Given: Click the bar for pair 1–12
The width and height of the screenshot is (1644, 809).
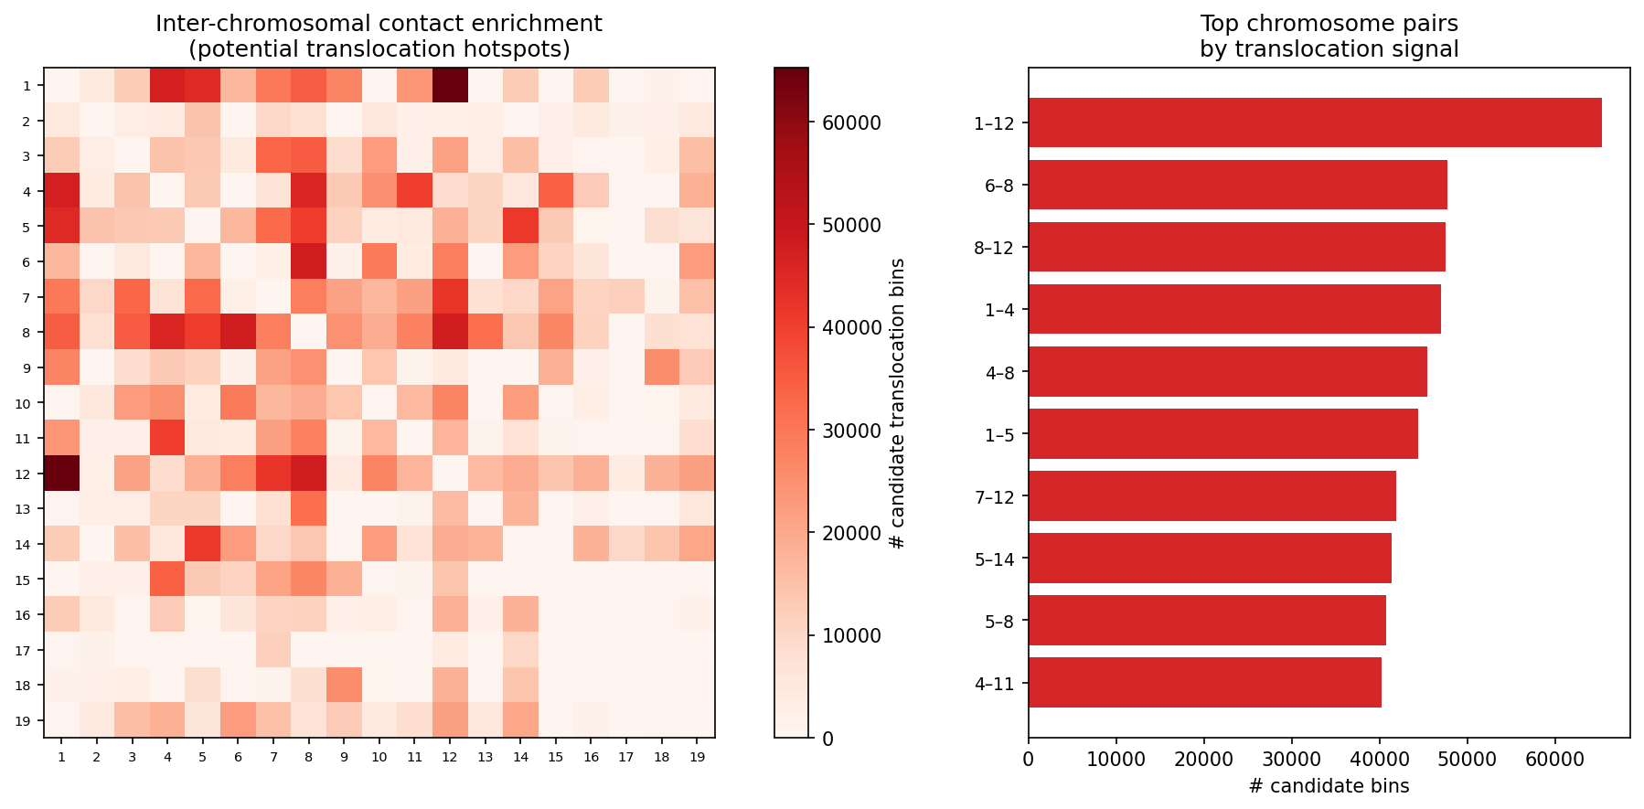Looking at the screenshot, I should (1314, 122).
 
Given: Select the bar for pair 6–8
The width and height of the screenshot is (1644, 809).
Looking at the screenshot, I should (1237, 185).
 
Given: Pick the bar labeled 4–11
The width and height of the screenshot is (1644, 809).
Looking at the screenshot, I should (1204, 683).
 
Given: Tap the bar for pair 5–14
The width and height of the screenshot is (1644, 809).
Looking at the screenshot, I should (1209, 559).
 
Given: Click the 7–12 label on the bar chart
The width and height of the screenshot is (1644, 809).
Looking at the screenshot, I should (995, 496).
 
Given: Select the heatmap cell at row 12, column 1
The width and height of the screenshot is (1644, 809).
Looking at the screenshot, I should (61, 474).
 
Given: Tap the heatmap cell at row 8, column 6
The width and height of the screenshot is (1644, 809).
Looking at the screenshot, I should (238, 332).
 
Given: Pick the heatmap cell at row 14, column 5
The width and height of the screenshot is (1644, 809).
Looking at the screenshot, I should (202, 544).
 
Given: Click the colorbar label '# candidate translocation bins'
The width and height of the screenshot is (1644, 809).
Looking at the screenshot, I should (897, 403).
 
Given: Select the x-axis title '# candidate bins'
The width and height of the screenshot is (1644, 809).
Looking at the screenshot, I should (1328, 786).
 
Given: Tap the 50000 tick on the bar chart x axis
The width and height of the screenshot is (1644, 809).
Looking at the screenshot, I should (1467, 758).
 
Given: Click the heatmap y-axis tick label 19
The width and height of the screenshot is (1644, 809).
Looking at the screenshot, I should (27, 720).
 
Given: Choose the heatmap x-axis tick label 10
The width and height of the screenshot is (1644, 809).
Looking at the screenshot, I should (379, 757).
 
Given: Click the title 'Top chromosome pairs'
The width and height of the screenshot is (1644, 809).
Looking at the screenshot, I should (1329, 24).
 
